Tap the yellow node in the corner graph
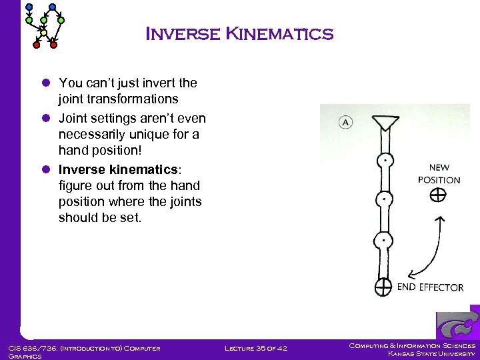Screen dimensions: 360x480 44,32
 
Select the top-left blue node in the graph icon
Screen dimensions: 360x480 28,7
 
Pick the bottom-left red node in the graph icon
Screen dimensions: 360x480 37,45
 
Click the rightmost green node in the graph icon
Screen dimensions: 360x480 61,21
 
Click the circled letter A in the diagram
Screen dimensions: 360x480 345,122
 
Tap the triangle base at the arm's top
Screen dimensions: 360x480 385,123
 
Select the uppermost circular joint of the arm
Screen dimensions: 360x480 384,161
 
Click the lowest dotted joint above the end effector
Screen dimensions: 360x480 384,240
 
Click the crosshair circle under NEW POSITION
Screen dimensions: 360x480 437,195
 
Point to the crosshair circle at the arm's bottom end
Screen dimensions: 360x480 383,287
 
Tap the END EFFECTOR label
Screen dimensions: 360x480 430,287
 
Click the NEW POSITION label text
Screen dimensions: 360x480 439,173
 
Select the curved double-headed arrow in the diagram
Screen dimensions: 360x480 430,250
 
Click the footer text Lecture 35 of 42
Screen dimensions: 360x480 257,348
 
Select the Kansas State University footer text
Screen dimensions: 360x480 431,353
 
